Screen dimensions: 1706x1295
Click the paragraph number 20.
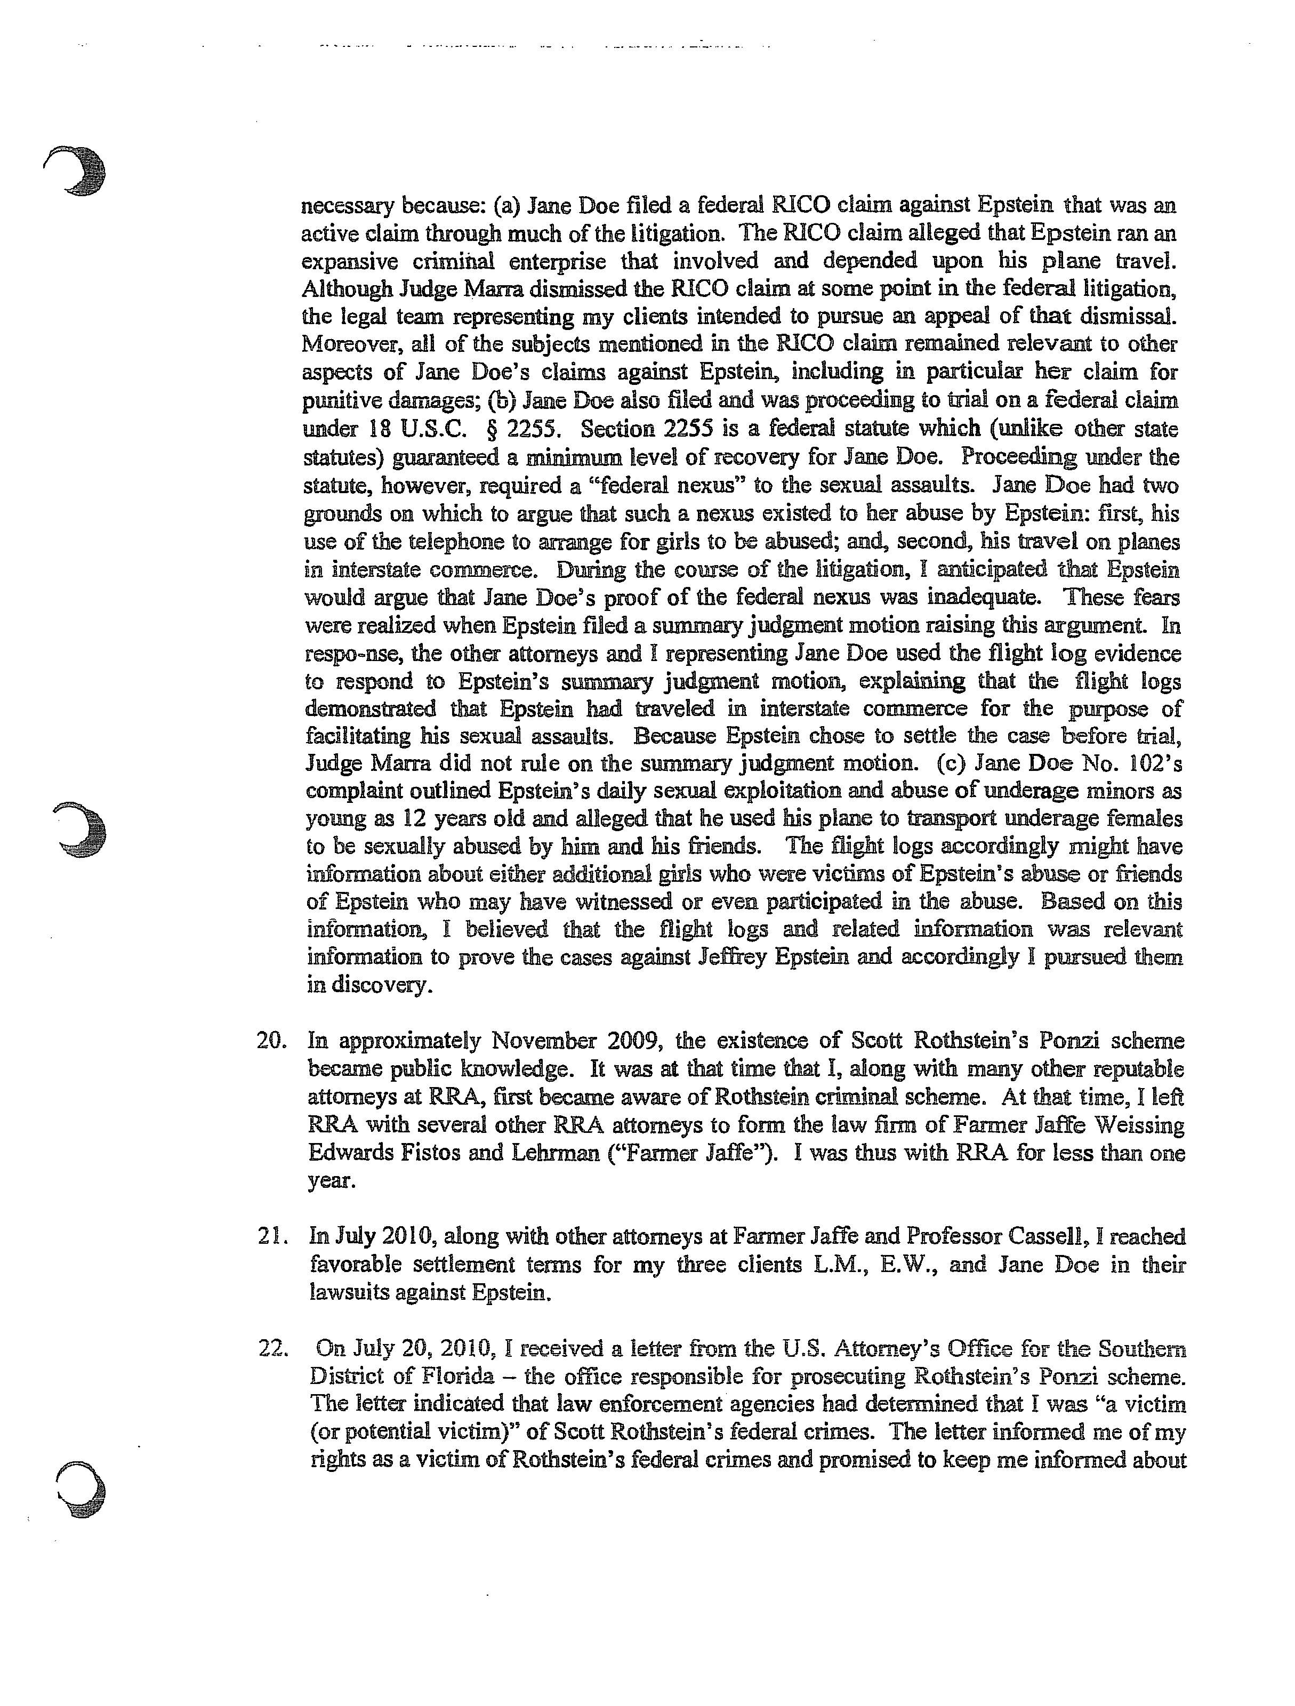coord(271,1041)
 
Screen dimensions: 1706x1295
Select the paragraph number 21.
coord(271,1236)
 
